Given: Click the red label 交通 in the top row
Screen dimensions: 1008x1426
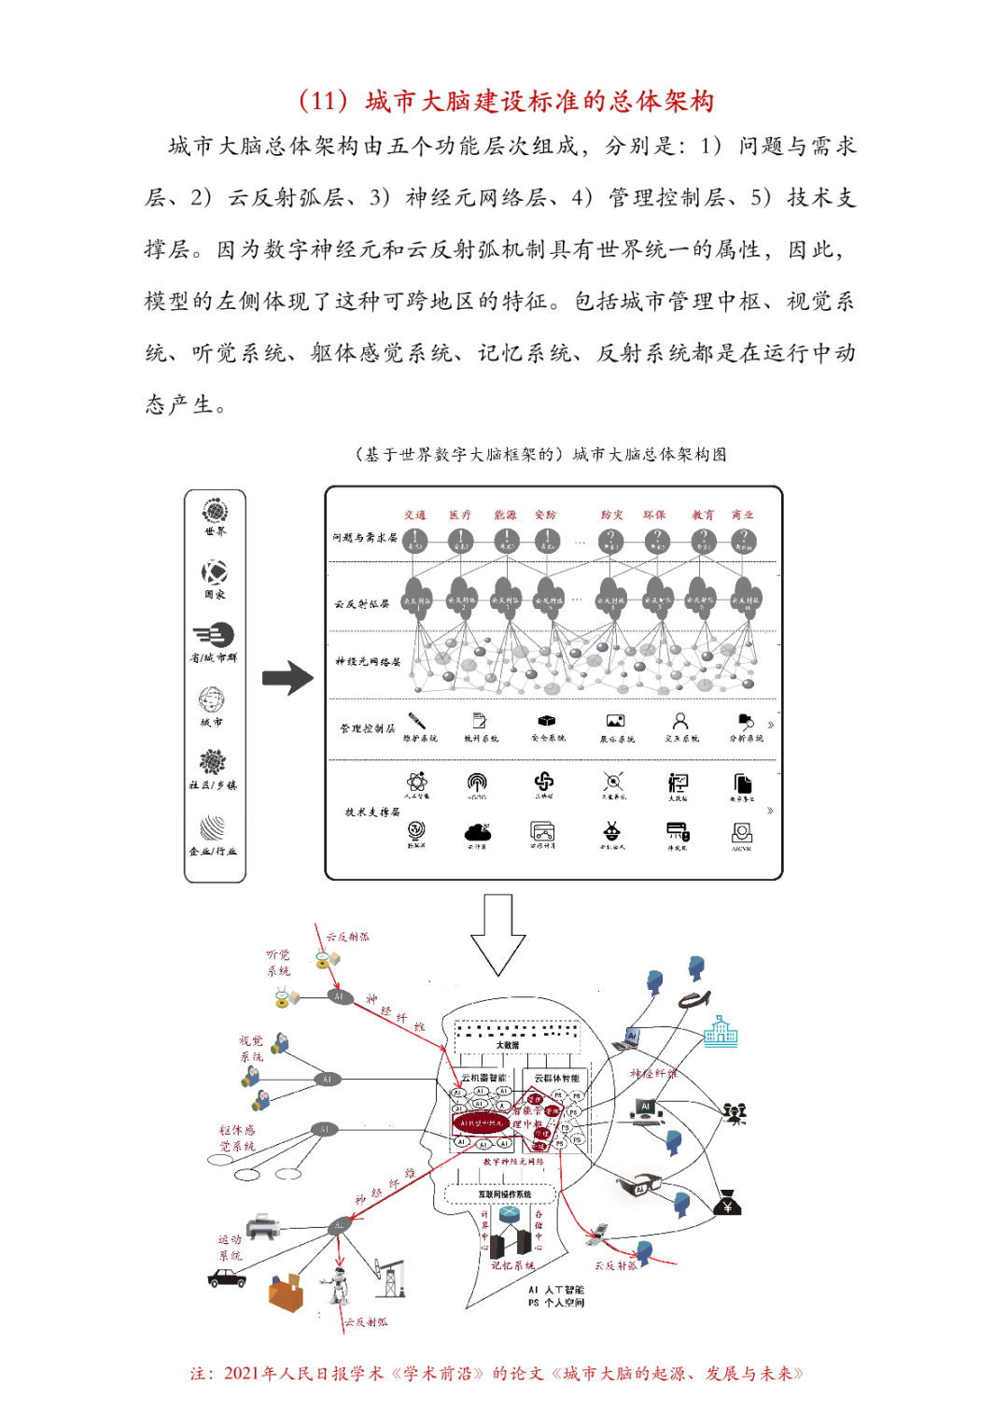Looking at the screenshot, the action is (414, 515).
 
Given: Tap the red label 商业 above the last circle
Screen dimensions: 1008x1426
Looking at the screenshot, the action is (743, 515).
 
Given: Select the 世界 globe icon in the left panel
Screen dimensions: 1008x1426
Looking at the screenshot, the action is (215, 511).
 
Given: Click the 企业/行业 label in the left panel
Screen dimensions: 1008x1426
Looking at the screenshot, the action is (214, 851).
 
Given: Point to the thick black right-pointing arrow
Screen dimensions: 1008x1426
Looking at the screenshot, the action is (287, 678).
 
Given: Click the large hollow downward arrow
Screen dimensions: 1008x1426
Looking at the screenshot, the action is (498, 934).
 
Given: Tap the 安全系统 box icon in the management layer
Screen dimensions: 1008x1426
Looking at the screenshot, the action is (547, 721).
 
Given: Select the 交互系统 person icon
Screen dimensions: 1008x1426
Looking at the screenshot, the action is (680, 721).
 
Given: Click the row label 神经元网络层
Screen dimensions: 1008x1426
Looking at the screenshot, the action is (368, 661).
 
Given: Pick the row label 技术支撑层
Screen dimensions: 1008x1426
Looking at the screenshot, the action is (372, 812).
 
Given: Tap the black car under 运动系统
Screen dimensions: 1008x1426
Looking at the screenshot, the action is (227, 1278).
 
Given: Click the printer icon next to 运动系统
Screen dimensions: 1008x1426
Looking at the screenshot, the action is (262, 1227).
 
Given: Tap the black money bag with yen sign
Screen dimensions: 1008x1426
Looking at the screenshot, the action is (727, 1204).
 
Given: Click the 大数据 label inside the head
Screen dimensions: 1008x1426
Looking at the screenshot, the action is (508, 1045).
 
